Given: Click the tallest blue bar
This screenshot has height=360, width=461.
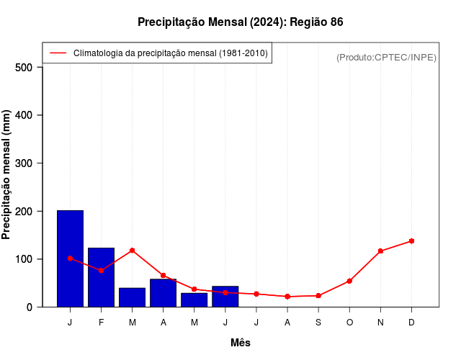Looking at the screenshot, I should [x=70, y=258].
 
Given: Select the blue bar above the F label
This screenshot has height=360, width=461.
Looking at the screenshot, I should [x=101, y=277].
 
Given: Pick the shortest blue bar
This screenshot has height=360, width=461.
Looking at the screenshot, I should [x=194, y=300].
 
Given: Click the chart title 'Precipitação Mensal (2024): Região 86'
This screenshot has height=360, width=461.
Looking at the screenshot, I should [x=240, y=22].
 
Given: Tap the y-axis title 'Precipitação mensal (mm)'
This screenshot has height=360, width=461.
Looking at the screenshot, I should [x=6, y=175].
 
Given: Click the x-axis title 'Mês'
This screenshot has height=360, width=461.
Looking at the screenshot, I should [x=241, y=343].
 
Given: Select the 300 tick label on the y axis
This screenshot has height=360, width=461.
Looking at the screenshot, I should [x=24, y=163].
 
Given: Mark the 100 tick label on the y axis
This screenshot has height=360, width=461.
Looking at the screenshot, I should [x=24, y=259].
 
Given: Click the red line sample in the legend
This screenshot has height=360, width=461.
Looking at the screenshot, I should [x=58, y=53].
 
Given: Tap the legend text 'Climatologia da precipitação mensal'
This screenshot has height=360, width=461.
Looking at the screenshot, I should [x=171, y=53].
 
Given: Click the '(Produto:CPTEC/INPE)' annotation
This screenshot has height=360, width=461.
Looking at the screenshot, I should [x=386, y=57].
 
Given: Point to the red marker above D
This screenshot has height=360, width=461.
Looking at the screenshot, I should [x=411, y=240].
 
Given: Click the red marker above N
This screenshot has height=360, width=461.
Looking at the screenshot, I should [x=380, y=251].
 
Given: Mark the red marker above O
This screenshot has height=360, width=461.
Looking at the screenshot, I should [x=349, y=281].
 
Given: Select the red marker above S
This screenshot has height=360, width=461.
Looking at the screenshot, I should [x=318, y=295].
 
